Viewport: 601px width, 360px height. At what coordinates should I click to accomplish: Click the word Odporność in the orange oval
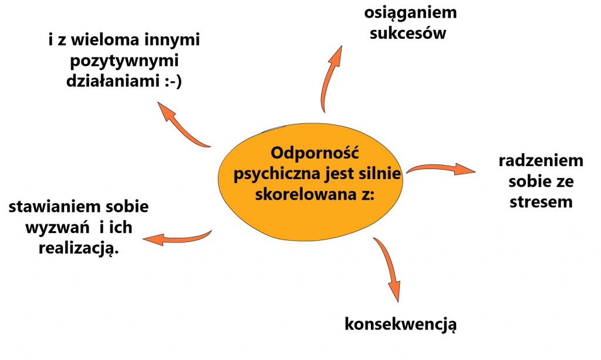(315, 153)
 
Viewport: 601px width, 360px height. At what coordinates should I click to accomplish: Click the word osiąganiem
(410, 14)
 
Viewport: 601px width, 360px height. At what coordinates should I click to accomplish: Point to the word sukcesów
(408, 33)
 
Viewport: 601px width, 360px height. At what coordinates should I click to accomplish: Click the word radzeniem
(541, 161)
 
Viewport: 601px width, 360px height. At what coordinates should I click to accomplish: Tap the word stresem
(541, 202)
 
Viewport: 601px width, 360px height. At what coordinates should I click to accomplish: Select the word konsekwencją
(400, 324)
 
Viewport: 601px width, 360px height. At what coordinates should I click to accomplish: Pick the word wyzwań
(57, 228)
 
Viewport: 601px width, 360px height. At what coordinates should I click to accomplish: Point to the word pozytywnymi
(124, 61)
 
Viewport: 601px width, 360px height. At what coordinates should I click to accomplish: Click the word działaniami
(113, 81)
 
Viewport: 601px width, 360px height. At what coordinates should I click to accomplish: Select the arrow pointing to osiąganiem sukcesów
(326, 79)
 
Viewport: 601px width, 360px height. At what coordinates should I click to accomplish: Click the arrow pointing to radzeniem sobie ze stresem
(441, 167)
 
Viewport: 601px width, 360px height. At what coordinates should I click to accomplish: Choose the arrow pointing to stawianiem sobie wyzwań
(177, 238)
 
